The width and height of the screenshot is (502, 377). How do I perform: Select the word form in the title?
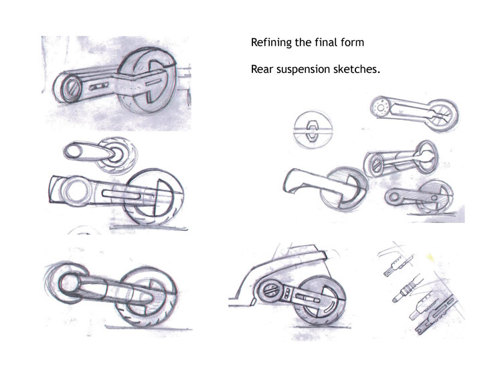[353, 42]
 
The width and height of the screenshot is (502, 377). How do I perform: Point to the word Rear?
[262, 69]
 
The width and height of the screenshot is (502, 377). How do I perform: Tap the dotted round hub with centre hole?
[381, 107]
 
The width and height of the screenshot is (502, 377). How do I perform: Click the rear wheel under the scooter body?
[319, 301]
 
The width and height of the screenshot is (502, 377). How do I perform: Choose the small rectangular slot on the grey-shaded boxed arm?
[98, 87]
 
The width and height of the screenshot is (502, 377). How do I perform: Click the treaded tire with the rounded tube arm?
[149, 297]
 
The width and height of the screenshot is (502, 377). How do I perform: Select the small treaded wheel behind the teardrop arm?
[117, 155]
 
